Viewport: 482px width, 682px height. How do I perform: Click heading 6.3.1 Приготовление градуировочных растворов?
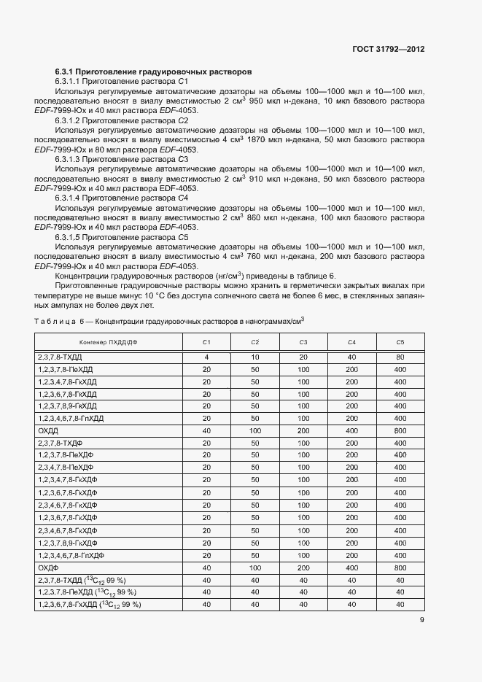(153, 72)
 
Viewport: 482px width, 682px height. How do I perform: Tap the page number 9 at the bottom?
(421, 621)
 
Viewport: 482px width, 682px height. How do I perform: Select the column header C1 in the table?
(206, 342)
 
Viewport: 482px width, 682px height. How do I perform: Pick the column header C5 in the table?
(400, 342)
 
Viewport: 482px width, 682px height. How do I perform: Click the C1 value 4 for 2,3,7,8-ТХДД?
(206, 357)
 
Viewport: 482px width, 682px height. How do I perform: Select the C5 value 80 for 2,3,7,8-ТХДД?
(400, 357)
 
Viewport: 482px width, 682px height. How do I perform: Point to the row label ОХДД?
(47, 431)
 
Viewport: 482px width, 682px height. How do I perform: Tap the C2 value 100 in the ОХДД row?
(254, 431)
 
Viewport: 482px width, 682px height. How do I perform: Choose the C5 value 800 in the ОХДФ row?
(400, 567)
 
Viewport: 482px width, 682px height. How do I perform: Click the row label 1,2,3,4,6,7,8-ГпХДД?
(71, 418)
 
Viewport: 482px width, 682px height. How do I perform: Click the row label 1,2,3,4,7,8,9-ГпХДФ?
(71, 554)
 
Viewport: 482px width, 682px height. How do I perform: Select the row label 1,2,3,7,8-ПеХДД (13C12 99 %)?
(87, 592)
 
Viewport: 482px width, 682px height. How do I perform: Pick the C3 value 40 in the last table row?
(303, 605)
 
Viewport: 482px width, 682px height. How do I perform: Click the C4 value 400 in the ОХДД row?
(351, 431)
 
